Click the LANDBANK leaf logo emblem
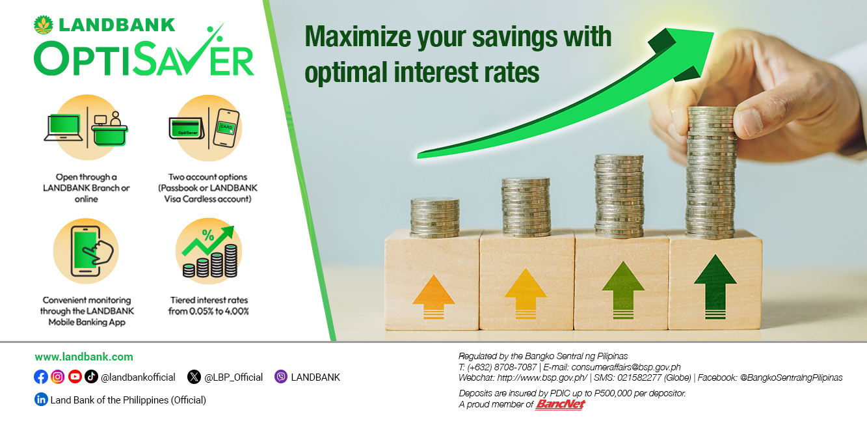coord(44,25)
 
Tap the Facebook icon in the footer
coord(40,377)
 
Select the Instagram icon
coord(58,377)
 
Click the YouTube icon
coord(75,377)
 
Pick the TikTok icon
coord(91,377)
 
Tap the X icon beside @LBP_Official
coord(194,377)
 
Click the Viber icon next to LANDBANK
coord(281,377)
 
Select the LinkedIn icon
coord(41,400)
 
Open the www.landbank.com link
coord(84,357)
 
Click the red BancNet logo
coord(561,404)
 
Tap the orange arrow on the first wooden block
coord(433,297)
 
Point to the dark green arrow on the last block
coord(715,286)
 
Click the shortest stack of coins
coord(435,217)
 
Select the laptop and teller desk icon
coord(86,128)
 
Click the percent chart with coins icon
coord(209,252)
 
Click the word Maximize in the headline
coord(358,37)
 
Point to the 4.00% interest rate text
coord(237,311)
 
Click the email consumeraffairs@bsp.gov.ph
coord(626,367)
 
